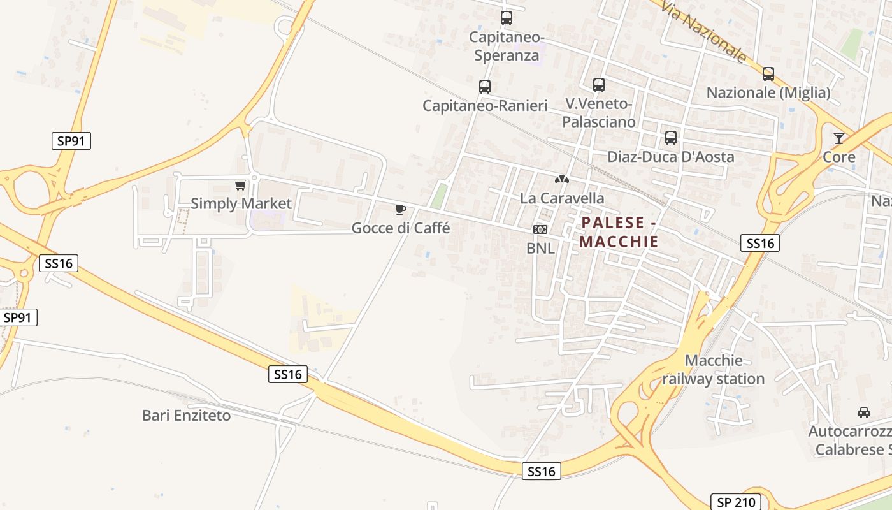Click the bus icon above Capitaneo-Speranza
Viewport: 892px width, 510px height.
507,18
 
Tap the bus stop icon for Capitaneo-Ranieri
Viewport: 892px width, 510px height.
485,87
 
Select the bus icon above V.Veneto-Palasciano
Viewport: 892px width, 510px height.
599,84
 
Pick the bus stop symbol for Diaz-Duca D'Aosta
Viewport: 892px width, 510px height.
671,137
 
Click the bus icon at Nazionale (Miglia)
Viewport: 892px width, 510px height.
768,74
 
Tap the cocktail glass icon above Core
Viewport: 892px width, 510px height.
839,138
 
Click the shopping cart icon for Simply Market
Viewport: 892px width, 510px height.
241,185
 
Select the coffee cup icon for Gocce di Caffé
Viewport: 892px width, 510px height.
401,209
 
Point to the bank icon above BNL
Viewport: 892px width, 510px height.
540,229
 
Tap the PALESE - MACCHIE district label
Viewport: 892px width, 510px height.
619,232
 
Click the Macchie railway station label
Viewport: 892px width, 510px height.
714,370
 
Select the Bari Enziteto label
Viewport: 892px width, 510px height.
186,416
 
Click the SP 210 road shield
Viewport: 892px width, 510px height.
736,502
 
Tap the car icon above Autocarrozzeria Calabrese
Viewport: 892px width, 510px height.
864,412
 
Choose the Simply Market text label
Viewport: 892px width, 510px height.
241,204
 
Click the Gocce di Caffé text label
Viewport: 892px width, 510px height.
401,228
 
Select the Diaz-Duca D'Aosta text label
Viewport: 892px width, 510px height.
671,157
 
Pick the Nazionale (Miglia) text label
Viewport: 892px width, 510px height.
768,93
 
